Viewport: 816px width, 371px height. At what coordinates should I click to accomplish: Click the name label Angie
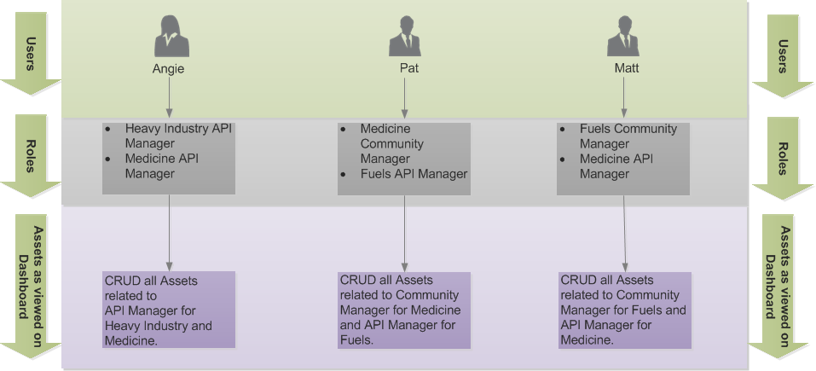coord(169,69)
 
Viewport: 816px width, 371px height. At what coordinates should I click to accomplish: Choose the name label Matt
coord(626,69)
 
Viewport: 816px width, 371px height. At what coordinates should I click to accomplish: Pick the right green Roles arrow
coord(782,157)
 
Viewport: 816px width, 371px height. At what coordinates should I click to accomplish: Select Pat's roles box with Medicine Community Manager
coord(403,159)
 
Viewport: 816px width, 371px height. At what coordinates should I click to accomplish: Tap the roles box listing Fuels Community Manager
coord(622,159)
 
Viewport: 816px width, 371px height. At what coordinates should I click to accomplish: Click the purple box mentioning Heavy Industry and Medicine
coord(168,309)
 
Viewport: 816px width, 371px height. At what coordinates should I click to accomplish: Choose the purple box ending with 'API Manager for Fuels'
coord(404,310)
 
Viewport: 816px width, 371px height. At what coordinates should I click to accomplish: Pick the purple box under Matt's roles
coord(623,310)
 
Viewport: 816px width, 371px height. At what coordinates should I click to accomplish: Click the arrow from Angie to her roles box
coord(170,100)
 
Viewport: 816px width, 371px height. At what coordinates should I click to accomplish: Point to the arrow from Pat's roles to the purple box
coord(404,232)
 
